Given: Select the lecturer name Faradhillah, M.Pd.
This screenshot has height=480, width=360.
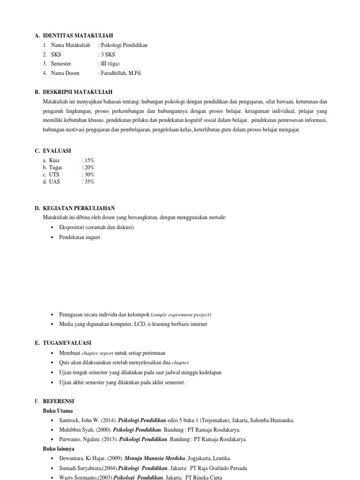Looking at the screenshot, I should (121, 73).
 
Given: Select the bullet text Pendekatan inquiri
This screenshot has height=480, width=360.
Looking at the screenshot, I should (80, 237).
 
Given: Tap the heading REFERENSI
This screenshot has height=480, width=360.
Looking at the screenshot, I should (59, 401).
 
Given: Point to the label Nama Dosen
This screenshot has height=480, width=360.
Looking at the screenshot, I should (65, 73).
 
